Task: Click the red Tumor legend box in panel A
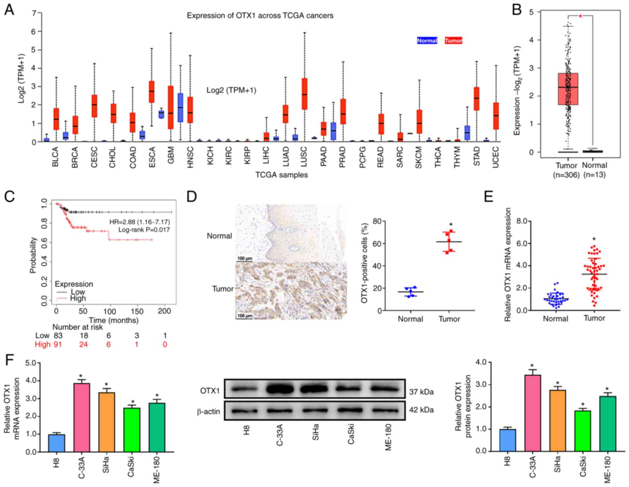pyautogui.click(x=453, y=41)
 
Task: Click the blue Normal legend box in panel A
pyautogui.click(x=427, y=41)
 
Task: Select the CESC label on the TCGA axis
pyautogui.click(x=94, y=157)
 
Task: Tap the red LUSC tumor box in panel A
pyautogui.click(x=305, y=94)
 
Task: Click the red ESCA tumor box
pyautogui.click(x=152, y=92)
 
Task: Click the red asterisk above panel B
pyautogui.click(x=580, y=16)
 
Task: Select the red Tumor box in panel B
pyautogui.click(x=568, y=89)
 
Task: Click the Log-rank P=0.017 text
pyautogui.click(x=144, y=230)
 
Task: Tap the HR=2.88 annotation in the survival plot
pyautogui.click(x=140, y=222)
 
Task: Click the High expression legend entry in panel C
pyautogui.click(x=77, y=298)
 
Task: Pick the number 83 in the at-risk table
pyautogui.click(x=58, y=336)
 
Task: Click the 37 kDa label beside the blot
pyautogui.click(x=421, y=392)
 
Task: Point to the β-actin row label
pyautogui.click(x=208, y=411)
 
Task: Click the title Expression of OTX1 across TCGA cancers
pyautogui.click(x=260, y=15)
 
